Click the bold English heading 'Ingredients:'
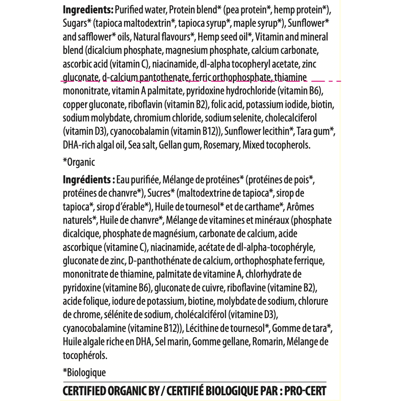pos(88,10)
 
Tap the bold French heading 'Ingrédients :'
pos(87,180)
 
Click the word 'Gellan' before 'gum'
pos(170,145)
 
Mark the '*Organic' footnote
pos(79,162)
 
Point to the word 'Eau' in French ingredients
pos(122,180)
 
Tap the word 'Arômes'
pos(300,207)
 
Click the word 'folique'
pos(94,301)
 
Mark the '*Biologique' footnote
pos(84,373)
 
